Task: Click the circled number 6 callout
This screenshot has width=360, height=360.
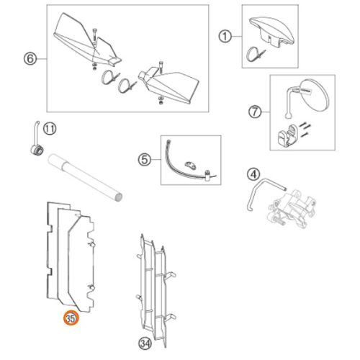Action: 30,59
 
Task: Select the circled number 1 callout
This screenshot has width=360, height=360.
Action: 225,37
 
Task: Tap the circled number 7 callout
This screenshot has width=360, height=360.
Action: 255,112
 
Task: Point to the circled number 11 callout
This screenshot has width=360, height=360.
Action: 50,129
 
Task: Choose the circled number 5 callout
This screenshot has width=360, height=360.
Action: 145,159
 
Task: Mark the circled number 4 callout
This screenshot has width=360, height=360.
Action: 253,174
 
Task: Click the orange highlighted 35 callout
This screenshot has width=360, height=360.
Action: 71,319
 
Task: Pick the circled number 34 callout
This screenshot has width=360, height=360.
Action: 145,343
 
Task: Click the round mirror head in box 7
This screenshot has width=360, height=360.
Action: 315,95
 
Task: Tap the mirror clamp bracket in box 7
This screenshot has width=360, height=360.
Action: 287,135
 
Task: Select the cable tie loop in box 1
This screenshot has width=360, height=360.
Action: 251,55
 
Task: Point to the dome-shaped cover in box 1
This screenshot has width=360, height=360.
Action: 272,30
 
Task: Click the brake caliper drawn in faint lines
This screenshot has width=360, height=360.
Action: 292,208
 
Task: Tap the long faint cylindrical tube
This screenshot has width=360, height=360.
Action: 85,177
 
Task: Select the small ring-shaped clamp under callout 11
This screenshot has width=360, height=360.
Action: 37,151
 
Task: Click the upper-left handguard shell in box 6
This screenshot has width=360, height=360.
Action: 86,40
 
